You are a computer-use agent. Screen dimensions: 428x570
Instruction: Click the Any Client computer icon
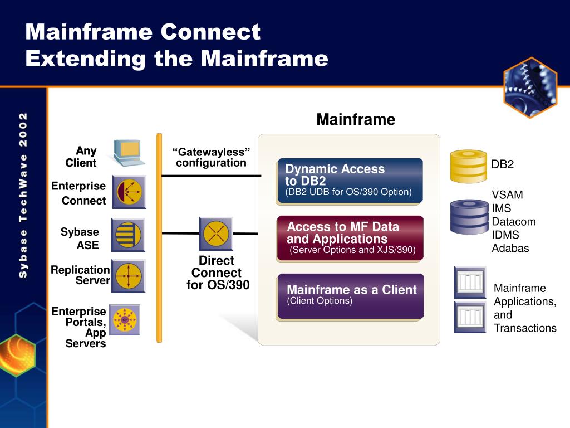129,152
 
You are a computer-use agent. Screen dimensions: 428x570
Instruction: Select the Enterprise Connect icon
129,192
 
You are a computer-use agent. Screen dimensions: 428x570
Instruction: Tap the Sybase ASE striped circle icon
129,235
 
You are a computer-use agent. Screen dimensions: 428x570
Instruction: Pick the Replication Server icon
129,276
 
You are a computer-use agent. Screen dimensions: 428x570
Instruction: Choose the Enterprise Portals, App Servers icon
125,319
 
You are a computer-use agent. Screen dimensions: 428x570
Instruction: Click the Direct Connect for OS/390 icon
216,234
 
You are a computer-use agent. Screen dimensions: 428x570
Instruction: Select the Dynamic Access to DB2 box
350,181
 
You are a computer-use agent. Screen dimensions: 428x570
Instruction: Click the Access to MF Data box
350,238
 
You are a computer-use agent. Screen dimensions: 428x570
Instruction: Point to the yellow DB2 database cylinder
468,166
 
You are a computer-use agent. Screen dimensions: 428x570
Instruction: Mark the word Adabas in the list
510,249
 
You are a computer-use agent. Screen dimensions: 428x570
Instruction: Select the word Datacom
514,222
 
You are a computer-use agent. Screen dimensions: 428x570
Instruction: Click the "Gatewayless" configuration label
211,158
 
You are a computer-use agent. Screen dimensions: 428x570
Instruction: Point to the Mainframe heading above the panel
356,120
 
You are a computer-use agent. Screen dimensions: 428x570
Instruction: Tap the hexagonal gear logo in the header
530,87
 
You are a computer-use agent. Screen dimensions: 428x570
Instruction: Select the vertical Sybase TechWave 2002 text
23,195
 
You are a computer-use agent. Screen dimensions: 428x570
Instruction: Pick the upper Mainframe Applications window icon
470,282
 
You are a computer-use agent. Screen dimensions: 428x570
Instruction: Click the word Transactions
525,328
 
